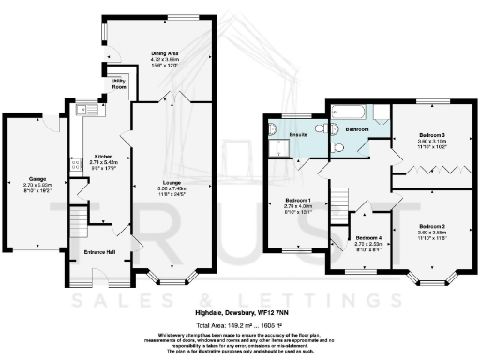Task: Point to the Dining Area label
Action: (x=164, y=53)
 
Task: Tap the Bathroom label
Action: (x=357, y=128)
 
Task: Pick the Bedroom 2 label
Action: (x=431, y=226)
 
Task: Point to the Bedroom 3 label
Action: (x=431, y=136)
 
